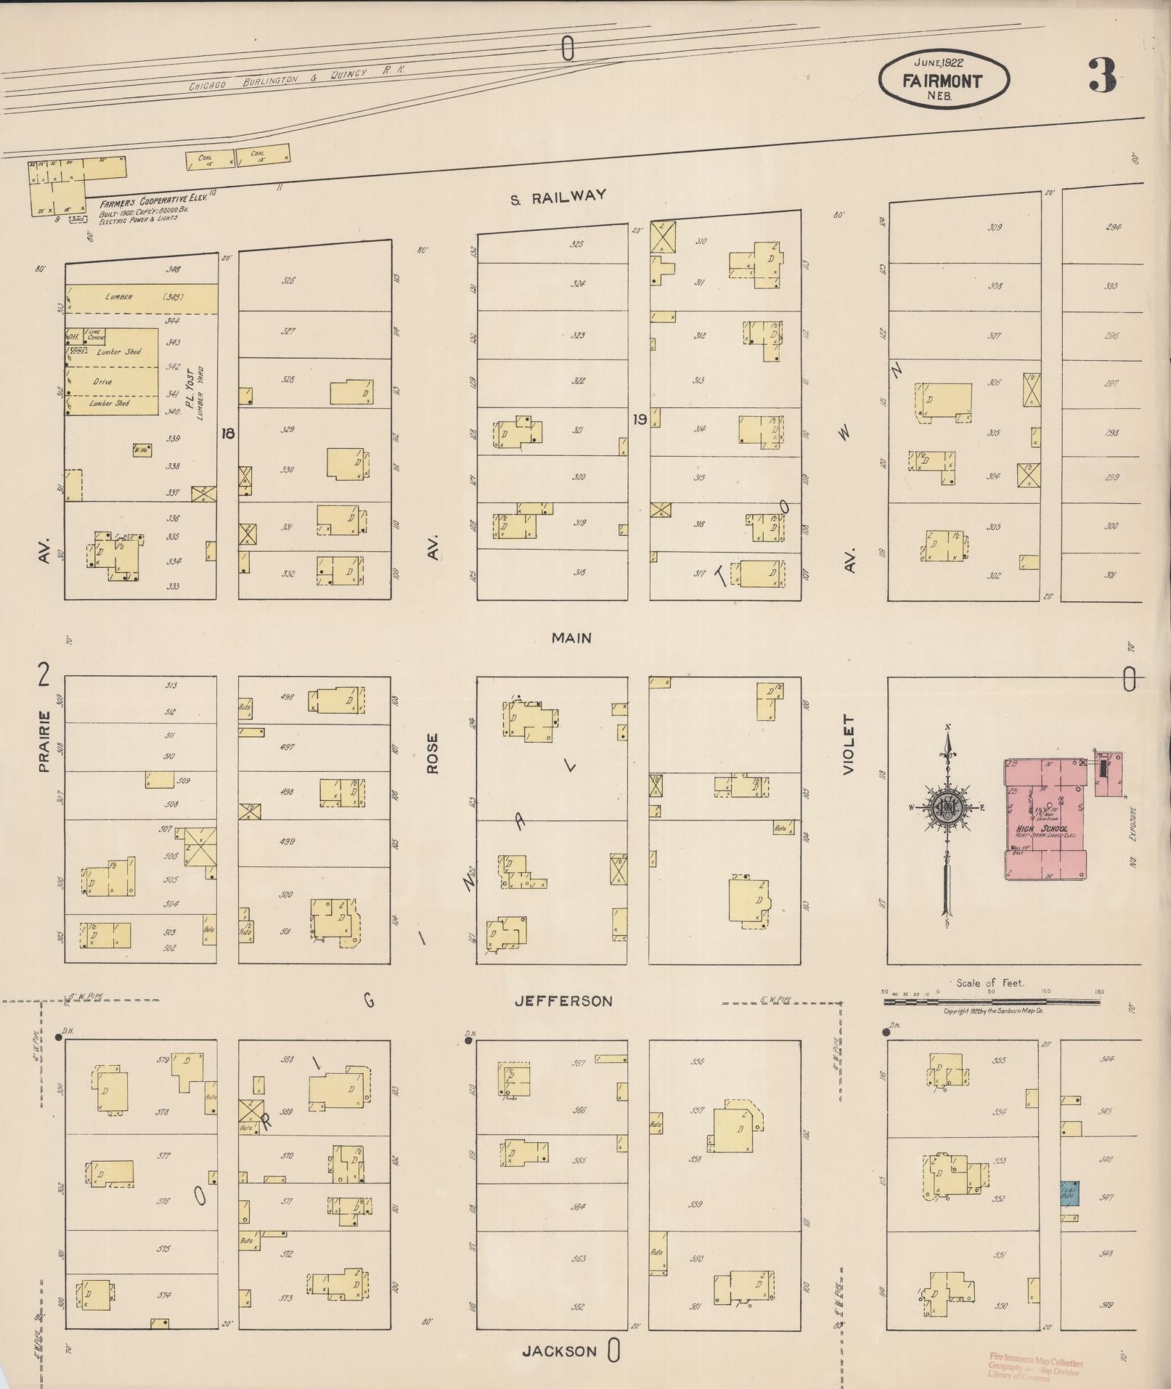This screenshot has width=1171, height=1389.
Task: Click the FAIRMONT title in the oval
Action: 942,81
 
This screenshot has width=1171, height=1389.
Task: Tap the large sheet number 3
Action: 1102,76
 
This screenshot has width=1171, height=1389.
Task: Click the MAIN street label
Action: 571,638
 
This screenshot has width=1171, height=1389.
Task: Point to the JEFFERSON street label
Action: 563,1001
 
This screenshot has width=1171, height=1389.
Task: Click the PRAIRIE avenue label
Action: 44,741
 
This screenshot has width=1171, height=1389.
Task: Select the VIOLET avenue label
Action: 849,744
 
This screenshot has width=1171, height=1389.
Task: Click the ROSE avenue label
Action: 433,753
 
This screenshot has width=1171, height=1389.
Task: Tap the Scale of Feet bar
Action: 991,1002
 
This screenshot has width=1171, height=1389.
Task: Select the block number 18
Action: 228,433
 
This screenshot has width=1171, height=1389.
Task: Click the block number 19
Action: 639,420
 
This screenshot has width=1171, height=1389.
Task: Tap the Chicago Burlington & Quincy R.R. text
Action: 297,78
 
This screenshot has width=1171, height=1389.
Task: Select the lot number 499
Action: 287,842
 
